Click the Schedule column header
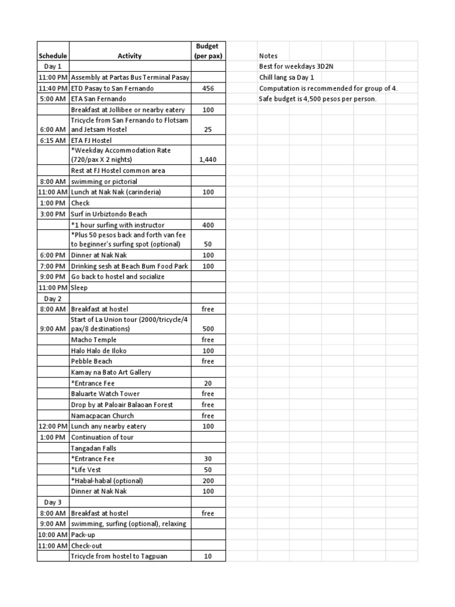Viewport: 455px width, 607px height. coord(53,56)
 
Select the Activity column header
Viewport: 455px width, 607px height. coord(129,56)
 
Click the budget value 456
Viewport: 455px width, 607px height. coord(207,88)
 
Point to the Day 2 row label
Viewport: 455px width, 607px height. coord(53,299)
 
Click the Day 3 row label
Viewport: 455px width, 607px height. coord(53,502)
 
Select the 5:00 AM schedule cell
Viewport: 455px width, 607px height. coord(53,99)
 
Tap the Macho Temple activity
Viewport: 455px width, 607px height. coord(94,340)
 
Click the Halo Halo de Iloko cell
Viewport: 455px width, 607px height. coord(101,351)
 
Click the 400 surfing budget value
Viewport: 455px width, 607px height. coord(207,225)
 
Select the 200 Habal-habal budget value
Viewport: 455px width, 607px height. coord(207,481)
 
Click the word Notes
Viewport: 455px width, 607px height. coord(268,56)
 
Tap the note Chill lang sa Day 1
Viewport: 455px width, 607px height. coord(287,78)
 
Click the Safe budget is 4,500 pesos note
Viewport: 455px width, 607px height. coord(318,99)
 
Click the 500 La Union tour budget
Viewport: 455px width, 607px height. coord(207,329)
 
